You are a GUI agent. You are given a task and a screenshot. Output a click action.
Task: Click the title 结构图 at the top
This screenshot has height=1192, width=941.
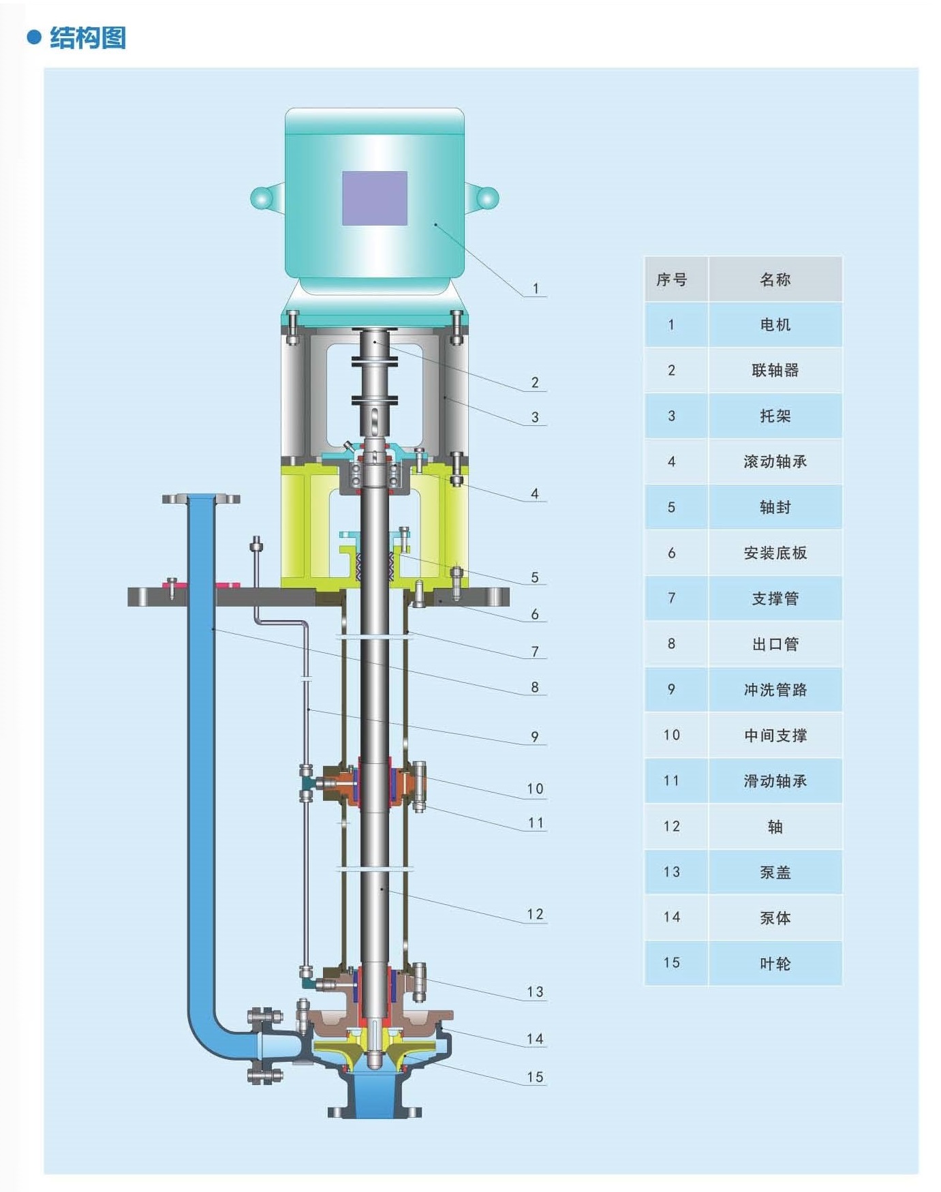88,37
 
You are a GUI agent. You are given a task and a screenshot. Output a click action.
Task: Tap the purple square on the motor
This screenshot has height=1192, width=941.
375,198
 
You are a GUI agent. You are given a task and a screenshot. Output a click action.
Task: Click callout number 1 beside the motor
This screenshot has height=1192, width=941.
536,288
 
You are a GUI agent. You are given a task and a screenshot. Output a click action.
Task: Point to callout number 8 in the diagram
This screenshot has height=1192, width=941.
535,687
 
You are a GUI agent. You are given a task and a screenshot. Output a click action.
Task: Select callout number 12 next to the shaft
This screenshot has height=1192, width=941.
536,914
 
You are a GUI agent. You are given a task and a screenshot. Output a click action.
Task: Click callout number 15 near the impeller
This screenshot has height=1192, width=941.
536,1077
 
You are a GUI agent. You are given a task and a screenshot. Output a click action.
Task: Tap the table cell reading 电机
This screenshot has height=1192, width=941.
775,325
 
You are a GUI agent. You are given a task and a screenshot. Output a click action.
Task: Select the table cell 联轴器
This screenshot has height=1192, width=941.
775,370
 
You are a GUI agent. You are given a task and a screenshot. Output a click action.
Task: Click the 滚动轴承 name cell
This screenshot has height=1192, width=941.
775,461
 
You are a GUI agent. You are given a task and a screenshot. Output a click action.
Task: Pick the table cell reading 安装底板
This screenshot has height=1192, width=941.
775,553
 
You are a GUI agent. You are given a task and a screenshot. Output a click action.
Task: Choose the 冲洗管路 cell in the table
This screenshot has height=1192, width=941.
775,690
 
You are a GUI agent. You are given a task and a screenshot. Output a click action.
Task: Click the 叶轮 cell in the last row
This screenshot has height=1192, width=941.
775,964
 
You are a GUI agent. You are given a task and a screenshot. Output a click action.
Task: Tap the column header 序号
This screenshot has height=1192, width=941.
672,279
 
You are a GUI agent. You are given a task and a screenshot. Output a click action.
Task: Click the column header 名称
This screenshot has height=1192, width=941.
775,279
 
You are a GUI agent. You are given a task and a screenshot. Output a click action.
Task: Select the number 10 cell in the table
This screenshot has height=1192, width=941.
672,735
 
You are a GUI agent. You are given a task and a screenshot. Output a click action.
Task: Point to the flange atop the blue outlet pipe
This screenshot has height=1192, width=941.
201,499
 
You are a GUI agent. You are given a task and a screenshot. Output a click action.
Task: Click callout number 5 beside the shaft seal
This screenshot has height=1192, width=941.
535,577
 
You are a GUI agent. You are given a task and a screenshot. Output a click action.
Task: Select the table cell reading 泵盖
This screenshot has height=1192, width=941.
775,872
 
